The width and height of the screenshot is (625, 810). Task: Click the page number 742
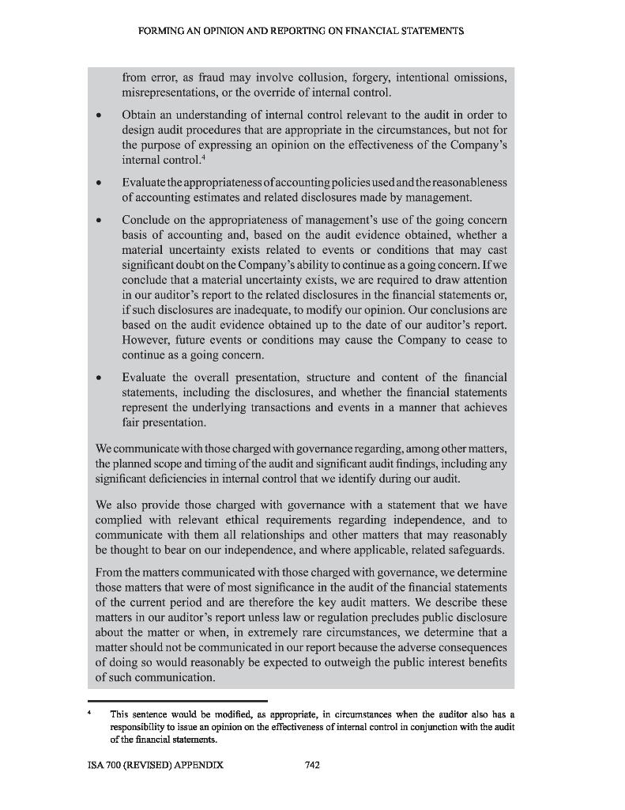pos(311,765)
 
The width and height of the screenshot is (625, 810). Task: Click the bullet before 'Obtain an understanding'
pos(98,115)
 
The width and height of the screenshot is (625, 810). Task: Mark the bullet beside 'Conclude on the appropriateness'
pos(98,220)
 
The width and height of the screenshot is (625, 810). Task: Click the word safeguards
pos(476,550)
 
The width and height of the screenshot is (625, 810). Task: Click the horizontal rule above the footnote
pos(178,701)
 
